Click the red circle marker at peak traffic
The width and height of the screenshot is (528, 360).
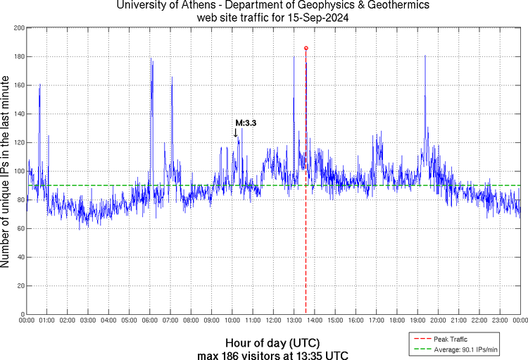[306, 48]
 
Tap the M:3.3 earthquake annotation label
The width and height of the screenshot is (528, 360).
[246, 123]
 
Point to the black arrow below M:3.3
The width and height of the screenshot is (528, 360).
[235, 132]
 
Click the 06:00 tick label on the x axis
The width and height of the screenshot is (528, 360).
[150, 321]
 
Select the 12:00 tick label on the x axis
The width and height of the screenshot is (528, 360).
[273, 321]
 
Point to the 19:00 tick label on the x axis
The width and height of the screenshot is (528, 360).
[417, 321]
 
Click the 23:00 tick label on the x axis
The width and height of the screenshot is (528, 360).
[499, 321]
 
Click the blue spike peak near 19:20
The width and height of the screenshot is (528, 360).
[425, 55]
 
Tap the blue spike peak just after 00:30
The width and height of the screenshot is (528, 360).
[39, 85]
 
